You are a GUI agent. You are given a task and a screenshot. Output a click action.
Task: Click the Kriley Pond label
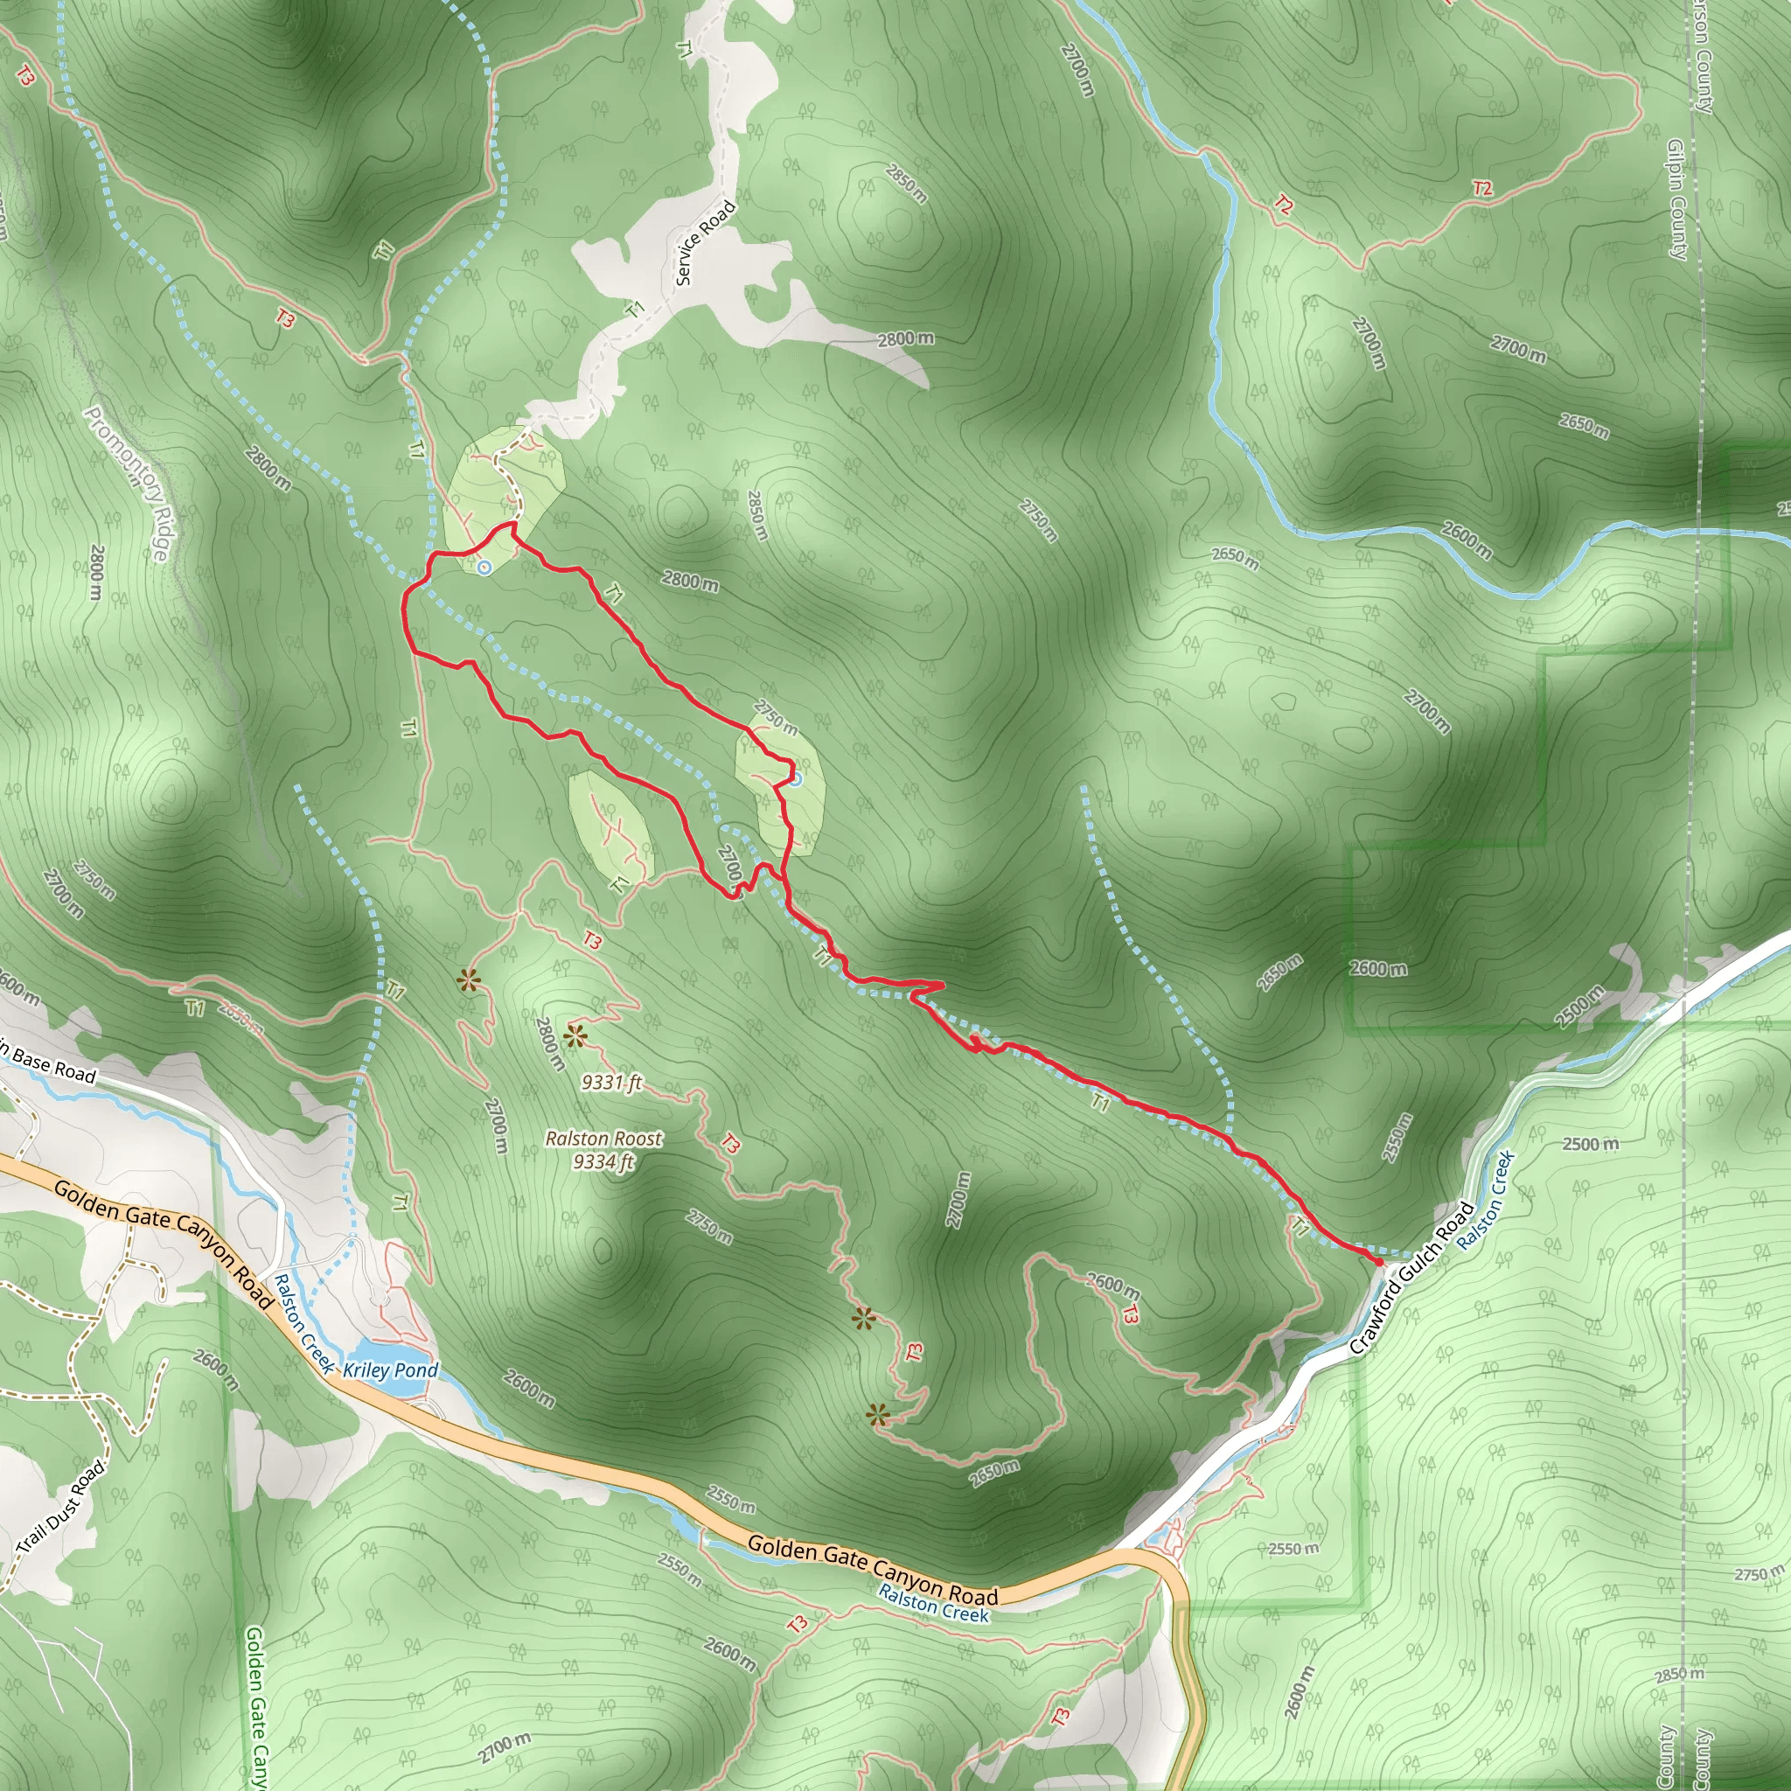coord(390,1370)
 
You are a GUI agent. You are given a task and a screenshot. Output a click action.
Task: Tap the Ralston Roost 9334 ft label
coord(603,1149)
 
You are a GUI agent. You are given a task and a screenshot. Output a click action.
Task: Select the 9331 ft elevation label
coord(612,1082)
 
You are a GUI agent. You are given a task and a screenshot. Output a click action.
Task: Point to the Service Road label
coord(705,243)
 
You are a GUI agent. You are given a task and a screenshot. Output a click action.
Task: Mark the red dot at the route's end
coord(1378,1262)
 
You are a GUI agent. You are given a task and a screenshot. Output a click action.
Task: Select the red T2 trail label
coord(1482,189)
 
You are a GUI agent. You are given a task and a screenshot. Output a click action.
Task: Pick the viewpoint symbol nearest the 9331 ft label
coord(575,1036)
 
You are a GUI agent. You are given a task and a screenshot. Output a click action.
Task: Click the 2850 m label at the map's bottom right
coord(1680,1674)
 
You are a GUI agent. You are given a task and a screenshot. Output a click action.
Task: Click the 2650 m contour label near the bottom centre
coord(994,1473)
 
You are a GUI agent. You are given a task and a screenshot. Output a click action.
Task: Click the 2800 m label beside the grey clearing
coord(906,339)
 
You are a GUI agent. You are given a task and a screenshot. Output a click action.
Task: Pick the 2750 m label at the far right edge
coord(1759,1574)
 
